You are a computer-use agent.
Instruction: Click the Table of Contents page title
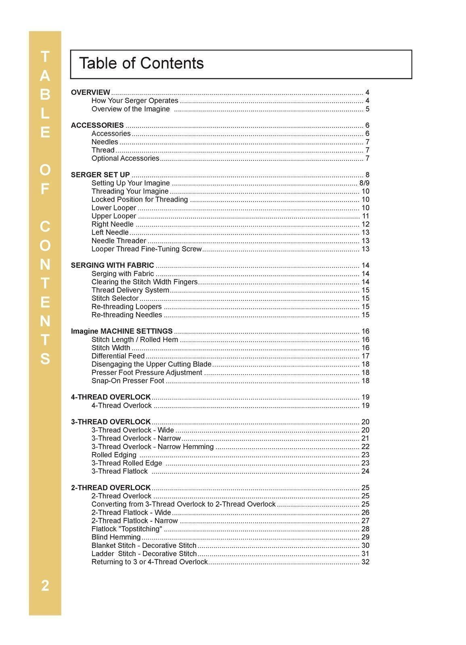[141, 63]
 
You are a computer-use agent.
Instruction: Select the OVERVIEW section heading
[90, 92]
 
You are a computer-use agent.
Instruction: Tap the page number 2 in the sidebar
[45, 585]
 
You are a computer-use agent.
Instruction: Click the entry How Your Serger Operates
[135, 101]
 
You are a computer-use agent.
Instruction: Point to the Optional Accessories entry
[125, 158]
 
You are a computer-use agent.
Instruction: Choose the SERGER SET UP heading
[100, 175]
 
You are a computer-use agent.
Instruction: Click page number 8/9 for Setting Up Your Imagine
[364, 183]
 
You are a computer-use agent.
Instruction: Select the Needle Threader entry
[119, 241]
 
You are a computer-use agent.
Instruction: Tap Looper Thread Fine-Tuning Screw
[146, 249]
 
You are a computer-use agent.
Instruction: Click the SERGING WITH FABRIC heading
[113, 265]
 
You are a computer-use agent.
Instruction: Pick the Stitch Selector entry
[115, 298]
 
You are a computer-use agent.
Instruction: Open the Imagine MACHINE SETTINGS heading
[122, 331]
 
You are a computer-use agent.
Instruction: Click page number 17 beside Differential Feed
[366, 356]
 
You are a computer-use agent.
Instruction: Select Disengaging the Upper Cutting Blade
[151, 364]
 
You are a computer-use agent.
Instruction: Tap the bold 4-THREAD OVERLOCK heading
[111, 397]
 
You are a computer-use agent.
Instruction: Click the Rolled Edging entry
[114, 455]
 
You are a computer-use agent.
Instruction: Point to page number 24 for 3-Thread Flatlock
[366, 471]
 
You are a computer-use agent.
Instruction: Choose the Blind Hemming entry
[116, 537]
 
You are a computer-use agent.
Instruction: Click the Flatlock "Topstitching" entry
[127, 529]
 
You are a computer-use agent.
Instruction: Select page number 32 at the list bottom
[366, 562]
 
